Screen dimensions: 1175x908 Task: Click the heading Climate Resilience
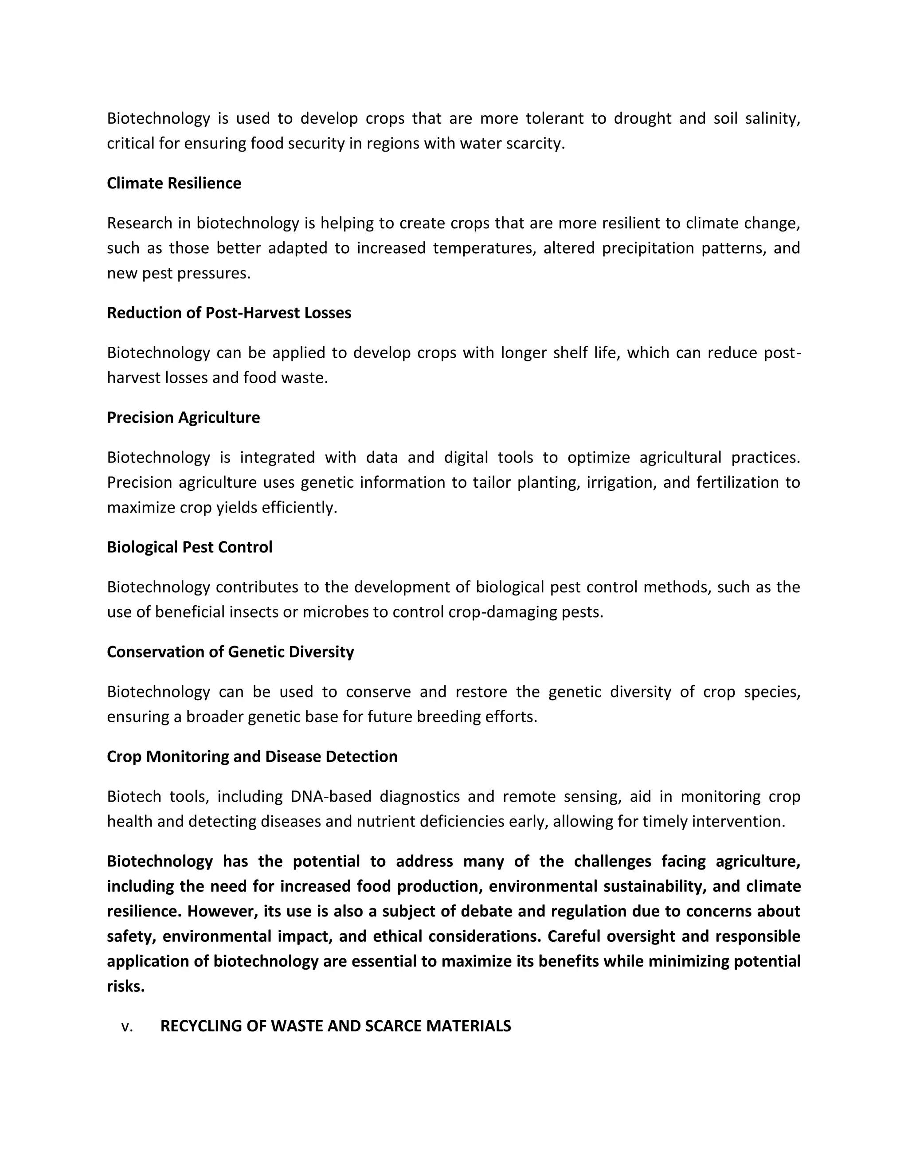pyautogui.click(x=174, y=184)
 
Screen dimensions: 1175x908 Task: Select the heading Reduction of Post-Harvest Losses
pyautogui.click(x=229, y=313)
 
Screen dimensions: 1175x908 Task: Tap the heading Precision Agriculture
pyautogui.click(x=183, y=418)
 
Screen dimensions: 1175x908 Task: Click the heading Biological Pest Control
pyautogui.click(x=189, y=547)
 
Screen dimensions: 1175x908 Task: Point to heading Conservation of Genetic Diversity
pyautogui.click(x=230, y=652)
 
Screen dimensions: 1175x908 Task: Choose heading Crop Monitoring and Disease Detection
pyautogui.click(x=252, y=756)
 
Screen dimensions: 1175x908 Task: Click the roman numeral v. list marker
pyautogui.click(x=127, y=1026)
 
